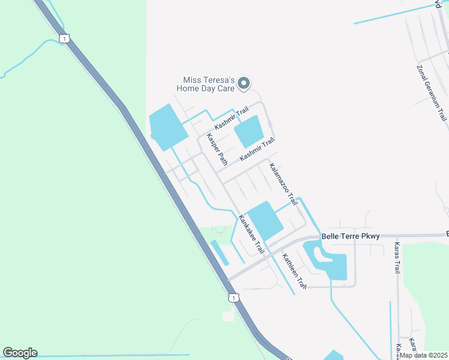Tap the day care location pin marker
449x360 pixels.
(x=243, y=83)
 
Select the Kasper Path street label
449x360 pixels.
(x=217, y=149)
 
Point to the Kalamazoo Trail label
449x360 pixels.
(x=283, y=182)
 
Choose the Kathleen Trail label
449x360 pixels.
(x=295, y=271)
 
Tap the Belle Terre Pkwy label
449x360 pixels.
(x=351, y=236)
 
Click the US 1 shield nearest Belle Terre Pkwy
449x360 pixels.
(x=233, y=298)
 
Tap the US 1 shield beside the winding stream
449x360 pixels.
(x=64, y=38)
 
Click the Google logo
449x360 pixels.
(x=20, y=353)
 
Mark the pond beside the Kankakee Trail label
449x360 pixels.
(x=265, y=220)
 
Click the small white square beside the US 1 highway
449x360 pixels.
(x=228, y=316)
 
